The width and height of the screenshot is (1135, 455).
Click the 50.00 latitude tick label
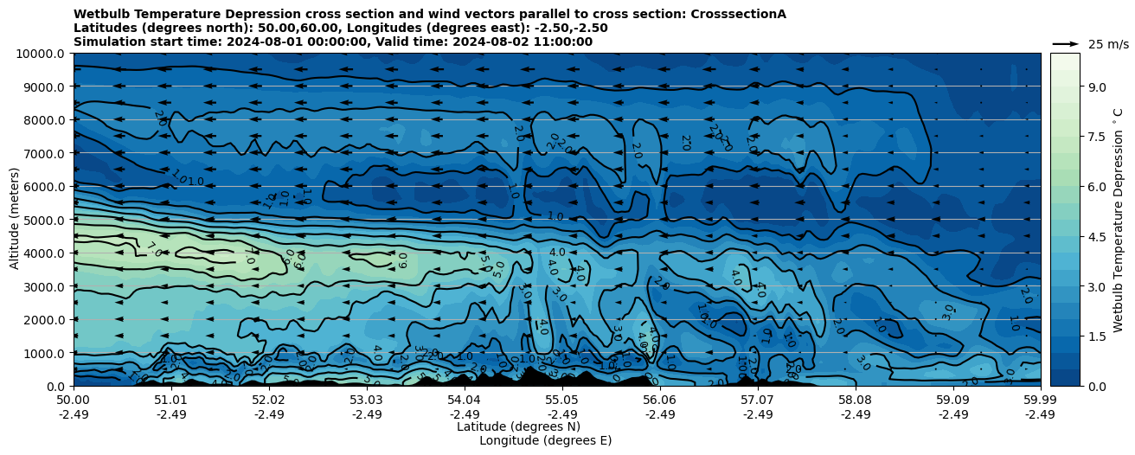tap(74, 400)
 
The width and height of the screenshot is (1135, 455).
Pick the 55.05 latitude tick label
tap(562, 400)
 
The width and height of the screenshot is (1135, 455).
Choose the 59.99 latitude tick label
tap(1040, 400)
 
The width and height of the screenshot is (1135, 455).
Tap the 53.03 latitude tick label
tap(367, 400)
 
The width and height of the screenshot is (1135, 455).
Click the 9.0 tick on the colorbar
tap(1097, 87)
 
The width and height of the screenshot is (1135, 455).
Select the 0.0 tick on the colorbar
tap(1097, 386)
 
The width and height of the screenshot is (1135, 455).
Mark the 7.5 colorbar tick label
tap(1097, 137)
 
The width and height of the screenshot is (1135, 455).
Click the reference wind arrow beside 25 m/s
tap(1065, 43)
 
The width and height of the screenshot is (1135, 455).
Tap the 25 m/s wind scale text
tap(1108, 44)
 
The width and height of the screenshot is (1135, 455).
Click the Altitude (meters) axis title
tap(15, 220)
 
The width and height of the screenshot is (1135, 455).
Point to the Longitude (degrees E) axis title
tap(545, 440)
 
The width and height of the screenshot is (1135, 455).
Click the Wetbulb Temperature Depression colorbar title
tap(1118, 220)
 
